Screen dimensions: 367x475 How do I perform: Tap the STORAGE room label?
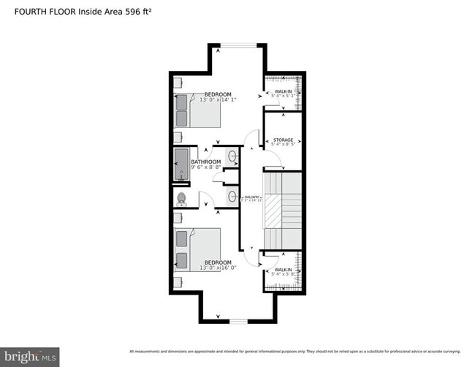[283, 140]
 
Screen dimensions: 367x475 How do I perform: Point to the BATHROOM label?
[206, 162]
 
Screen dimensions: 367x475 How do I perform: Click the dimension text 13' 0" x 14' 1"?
[217, 101]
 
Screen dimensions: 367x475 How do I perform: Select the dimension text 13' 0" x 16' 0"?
[217, 268]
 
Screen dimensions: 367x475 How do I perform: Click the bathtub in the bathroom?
[180, 164]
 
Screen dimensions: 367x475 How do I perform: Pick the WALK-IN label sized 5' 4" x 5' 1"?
[283, 92]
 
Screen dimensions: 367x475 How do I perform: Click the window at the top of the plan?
[237, 46]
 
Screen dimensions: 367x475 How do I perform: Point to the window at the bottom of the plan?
[238, 321]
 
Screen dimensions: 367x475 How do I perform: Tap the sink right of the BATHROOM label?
[232, 156]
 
